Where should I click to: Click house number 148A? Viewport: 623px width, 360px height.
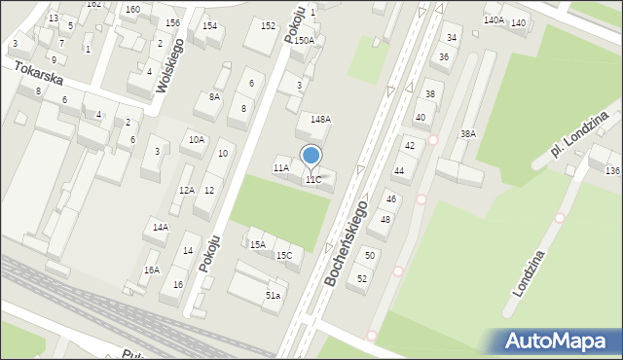click(320, 119)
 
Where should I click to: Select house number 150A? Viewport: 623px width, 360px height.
click(305, 40)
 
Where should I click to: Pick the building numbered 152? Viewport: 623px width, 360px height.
click(268, 24)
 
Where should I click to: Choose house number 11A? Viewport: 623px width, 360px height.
click(280, 168)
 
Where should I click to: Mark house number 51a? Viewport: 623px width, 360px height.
click(274, 295)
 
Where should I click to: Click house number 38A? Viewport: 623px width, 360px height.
click(468, 133)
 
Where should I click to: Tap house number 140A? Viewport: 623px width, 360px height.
click(494, 19)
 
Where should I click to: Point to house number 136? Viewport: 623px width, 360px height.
click(611, 170)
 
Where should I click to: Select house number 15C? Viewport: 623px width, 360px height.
click(283, 255)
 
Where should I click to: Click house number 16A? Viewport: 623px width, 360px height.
click(151, 270)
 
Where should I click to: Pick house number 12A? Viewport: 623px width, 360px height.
click(186, 190)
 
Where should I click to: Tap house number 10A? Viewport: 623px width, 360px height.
click(197, 139)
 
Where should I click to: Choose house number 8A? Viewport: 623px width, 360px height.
click(214, 96)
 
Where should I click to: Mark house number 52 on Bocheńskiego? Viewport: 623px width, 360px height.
click(362, 278)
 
